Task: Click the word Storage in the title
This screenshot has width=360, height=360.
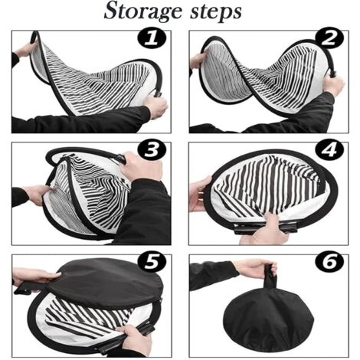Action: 143,11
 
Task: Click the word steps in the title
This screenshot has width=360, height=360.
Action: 216,12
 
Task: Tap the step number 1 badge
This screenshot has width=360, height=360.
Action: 152,38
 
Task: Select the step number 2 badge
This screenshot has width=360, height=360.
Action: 329,38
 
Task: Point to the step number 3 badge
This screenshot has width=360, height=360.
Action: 152,150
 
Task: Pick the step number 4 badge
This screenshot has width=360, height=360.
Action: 329,150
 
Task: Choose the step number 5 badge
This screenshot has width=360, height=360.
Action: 152,262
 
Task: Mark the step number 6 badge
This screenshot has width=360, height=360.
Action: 329,262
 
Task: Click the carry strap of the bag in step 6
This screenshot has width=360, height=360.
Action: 270,277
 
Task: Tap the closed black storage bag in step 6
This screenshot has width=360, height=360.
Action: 269,319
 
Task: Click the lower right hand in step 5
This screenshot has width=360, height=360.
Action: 134,339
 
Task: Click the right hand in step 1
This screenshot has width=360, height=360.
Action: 155,106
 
